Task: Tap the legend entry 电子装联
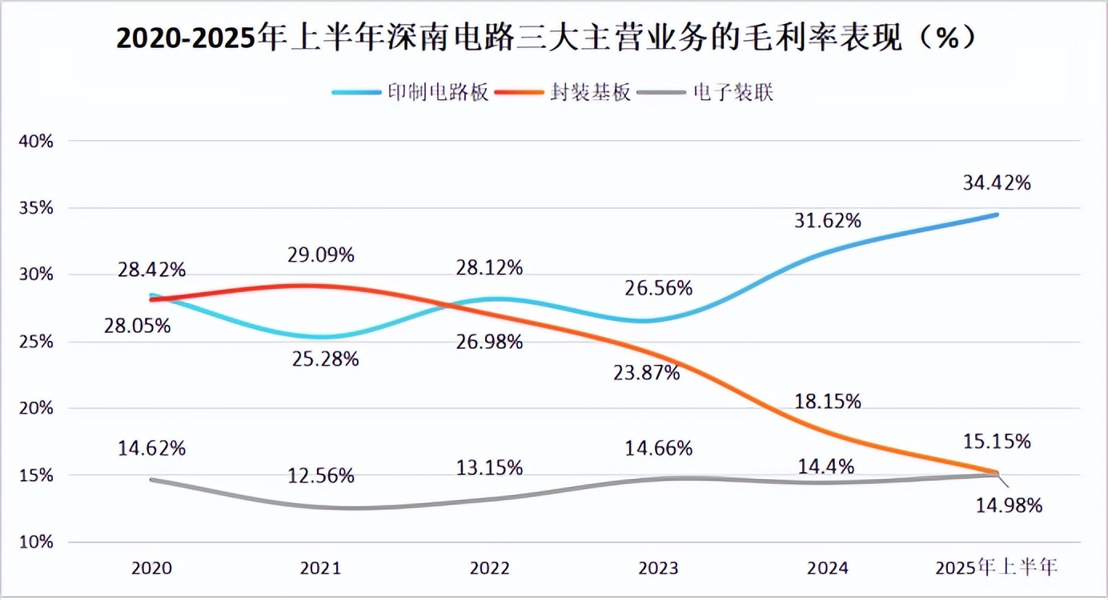tap(733, 92)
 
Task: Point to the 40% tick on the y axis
tap(37, 142)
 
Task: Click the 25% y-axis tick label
tap(37, 342)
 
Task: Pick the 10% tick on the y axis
tap(37, 542)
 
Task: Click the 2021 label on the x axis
tap(320, 568)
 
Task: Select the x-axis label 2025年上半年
tap(997, 568)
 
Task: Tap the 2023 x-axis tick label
tap(658, 568)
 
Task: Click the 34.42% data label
tap(997, 183)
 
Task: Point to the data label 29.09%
tap(321, 255)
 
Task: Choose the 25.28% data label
tap(325, 359)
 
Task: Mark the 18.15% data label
tap(827, 402)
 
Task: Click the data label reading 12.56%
tap(320, 476)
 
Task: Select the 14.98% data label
tap(1008, 506)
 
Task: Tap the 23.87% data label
tap(647, 372)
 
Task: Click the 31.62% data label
tap(827, 220)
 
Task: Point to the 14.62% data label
tap(151, 448)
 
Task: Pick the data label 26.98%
tap(489, 342)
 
